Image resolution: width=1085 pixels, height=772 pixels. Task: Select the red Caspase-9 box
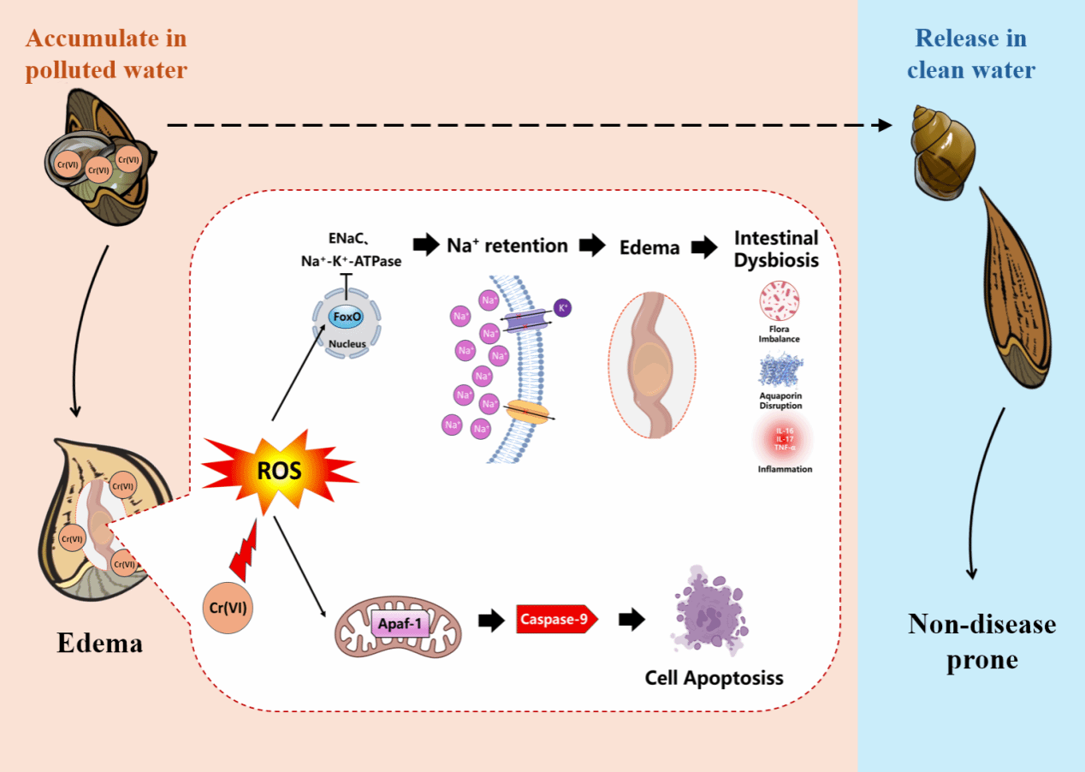[556, 619]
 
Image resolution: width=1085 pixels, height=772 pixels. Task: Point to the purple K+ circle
[562, 307]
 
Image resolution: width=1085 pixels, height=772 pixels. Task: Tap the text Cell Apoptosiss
[714, 679]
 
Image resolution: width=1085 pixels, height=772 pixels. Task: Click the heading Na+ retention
[507, 246]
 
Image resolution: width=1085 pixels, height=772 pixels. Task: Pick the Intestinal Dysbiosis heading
[776, 248]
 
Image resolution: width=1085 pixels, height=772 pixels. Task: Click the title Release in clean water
[971, 54]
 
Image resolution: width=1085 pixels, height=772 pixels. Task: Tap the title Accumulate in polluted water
[106, 54]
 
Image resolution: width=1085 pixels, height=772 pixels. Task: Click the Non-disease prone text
[981, 641]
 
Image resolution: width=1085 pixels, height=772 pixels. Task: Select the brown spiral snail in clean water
[940, 145]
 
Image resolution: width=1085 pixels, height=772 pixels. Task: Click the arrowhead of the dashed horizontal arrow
[884, 125]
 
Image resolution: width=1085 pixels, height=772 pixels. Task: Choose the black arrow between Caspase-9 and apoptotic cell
[631, 620]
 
